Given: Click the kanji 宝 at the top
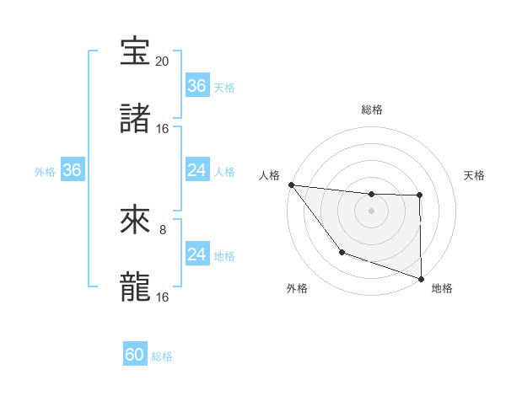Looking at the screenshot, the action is click(136, 52).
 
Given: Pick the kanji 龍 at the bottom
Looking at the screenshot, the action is click(136, 287).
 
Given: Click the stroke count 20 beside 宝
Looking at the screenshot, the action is click(162, 62).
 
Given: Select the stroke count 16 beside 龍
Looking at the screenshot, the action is click(162, 297).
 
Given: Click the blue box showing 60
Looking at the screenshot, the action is click(135, 355).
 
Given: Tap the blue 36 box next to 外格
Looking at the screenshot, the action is click(73, 170).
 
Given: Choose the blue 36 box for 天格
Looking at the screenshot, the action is click(196, 86).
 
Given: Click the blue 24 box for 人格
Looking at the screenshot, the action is click(196, 170).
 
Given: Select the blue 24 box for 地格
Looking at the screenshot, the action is click(196, 254).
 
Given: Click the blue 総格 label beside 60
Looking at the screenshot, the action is click(162, 356).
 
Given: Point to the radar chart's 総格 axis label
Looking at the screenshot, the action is click(371, 110).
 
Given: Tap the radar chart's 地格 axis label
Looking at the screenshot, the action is click(442, 289).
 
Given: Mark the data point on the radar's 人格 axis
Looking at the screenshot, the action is click(291, 185).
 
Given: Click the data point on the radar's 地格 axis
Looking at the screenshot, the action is click(421, 278).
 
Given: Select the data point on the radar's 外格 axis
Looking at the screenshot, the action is click(342, 252).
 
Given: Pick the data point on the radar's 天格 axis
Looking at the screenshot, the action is click(420, 195).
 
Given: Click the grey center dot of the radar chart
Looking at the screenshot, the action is click(371, 211).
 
